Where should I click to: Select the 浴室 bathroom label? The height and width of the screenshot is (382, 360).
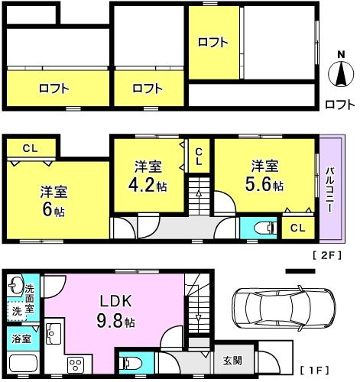point(20,337)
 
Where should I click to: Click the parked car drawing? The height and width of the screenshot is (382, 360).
point(279,312)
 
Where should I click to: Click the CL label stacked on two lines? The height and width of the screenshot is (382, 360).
point(198,158)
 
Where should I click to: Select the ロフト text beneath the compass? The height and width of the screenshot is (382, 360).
point(339,104)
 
